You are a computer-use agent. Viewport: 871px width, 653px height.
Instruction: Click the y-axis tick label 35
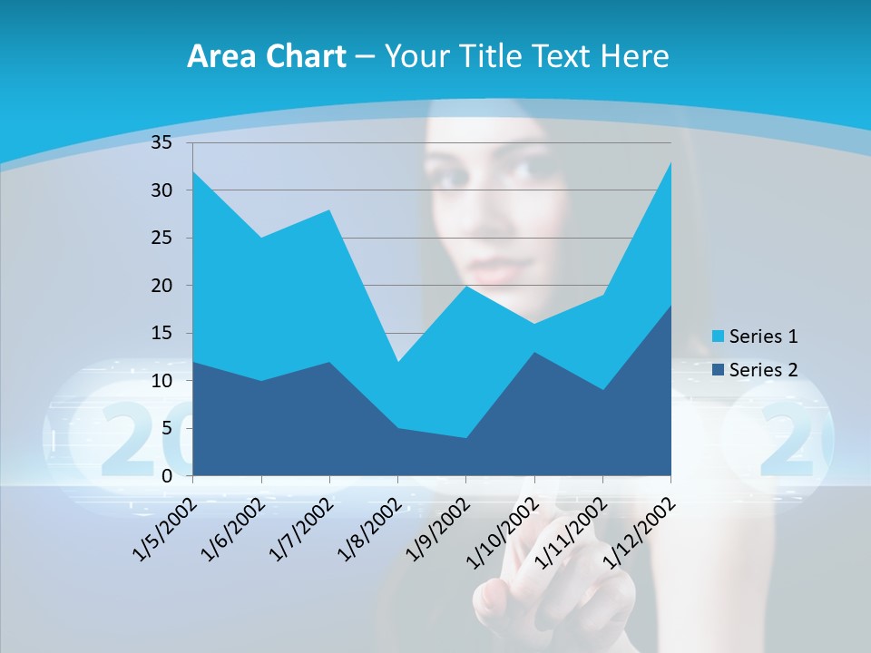coord(161,142)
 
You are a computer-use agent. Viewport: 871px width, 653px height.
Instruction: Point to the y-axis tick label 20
coord(161,286)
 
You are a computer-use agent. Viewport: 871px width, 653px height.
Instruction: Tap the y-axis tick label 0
coord(167,476)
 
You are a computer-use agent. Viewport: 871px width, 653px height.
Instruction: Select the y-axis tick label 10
coord(161,381)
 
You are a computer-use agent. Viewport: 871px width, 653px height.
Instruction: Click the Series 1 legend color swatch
coord(719,337)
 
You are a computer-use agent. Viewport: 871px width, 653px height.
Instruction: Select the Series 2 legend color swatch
coord(719,370)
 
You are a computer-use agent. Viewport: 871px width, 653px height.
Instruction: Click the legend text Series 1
coord(763,337)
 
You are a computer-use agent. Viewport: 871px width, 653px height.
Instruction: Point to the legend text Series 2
coord(763,370)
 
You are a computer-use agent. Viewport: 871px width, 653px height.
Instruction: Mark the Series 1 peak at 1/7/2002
coord(329,210)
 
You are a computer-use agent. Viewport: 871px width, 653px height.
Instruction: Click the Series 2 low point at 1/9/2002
coord(466,438)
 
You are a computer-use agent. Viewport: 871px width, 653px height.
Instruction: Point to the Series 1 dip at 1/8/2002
coord(397,362)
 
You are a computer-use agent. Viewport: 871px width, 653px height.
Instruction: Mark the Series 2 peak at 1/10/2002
coord(534,353)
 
